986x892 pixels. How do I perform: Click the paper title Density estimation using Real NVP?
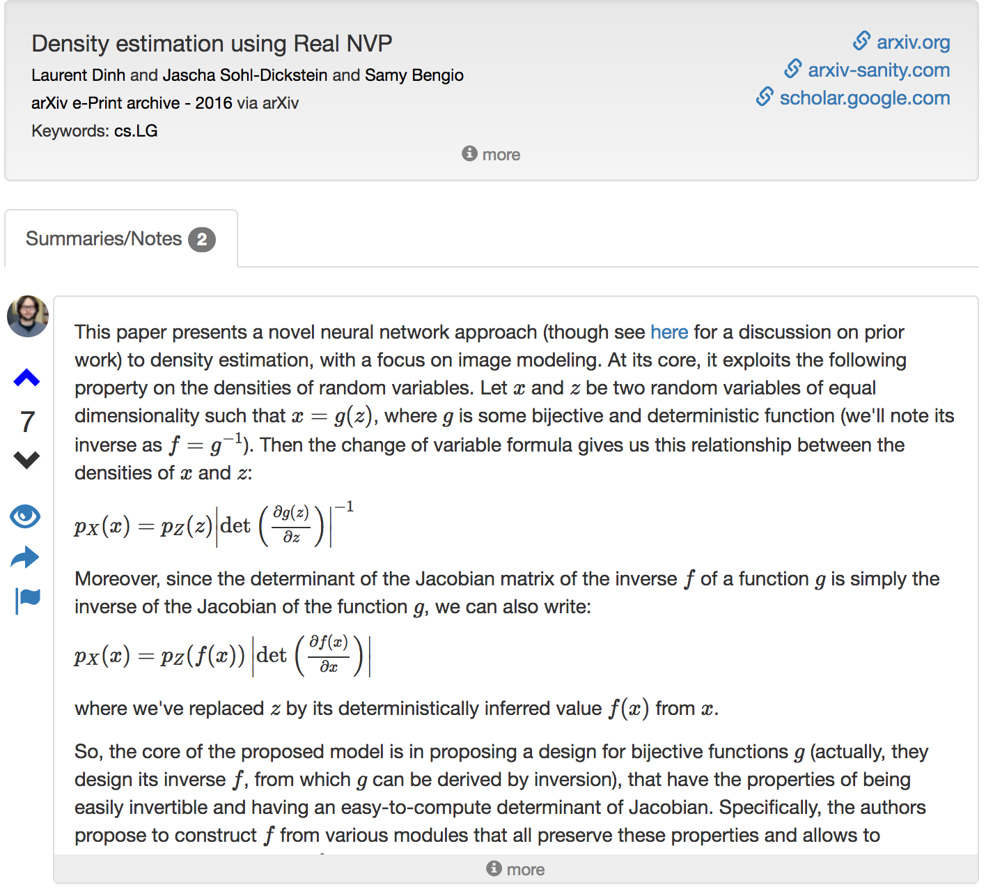click(x=212, y=44)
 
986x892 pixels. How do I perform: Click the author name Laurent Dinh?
click(x=78, y=75)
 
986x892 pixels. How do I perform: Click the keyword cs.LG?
click(x=136, y=131)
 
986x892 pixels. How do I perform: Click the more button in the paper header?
click(x=492, y=155)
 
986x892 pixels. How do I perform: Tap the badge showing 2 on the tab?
click(x=202, y=240)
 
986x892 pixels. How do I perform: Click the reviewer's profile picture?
click(x=28, y=316)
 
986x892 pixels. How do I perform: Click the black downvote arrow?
click(x=27, y=460)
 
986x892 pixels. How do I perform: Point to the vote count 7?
click(x=27, y=422)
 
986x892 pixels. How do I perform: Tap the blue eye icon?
click(x=26, y=516)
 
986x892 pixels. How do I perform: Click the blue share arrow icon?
click(x=26, y=557)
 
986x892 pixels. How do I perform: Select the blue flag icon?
click(x=28, y=600)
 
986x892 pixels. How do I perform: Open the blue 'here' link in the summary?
click(x=668, y=332)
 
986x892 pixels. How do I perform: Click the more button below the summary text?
click(x=516, y=870)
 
